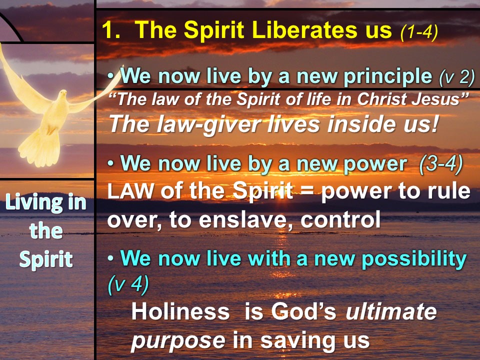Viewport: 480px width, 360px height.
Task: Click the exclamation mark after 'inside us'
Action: click(x=435, y=123)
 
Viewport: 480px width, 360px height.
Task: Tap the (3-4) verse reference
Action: click(x=441, y=164)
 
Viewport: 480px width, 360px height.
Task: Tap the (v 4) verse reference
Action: click(x=128, y=284)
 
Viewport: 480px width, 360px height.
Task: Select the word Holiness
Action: click(x=180, y=311)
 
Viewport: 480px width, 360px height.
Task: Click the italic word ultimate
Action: click(x=391, y=311)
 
